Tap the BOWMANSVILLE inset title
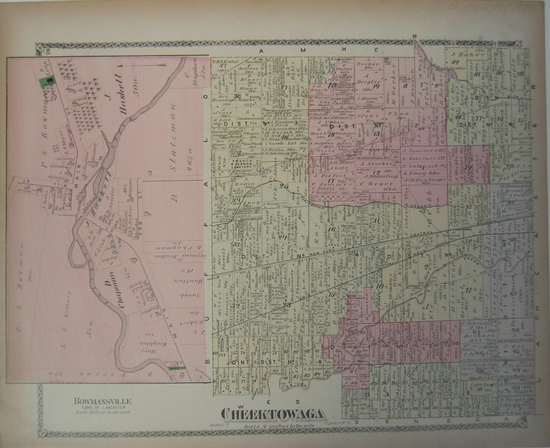pyautogui.click(x=103, y=401)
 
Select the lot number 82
pyautogui.click(x=455, y=62)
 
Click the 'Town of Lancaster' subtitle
pyautogui.click(x=102, y=407)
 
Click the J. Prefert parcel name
pyautogui.click(x=323, y=176)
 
